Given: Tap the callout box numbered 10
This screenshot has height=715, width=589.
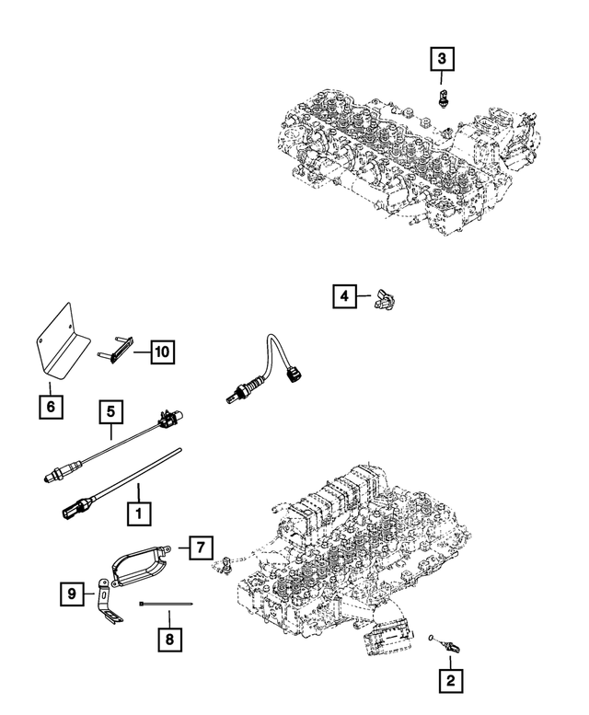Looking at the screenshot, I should [x=160, y=351].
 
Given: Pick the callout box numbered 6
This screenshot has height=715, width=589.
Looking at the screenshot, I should [x=51, y=406].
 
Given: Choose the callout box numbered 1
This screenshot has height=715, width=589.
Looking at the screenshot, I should [x=138, y=509].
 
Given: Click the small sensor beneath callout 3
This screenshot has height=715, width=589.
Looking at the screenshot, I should [x=444, y=98].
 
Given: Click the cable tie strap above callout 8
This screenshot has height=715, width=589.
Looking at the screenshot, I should [x=166, y=603].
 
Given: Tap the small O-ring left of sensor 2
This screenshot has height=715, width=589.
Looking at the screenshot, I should [x=433, y=634].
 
